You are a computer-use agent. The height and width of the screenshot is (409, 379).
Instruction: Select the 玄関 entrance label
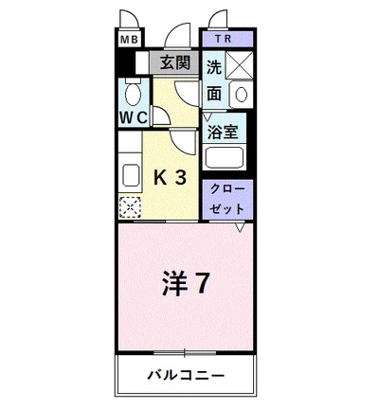point(174,64)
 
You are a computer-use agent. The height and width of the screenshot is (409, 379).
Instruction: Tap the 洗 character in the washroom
point(214,67)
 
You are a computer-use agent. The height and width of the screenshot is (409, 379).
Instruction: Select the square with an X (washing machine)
point(240,66)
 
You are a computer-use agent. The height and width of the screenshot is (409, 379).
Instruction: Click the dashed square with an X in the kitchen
point(130,204)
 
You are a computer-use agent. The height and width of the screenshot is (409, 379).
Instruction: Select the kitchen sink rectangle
point(129,173)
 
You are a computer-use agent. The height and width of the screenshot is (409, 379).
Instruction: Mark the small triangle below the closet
point(241,227)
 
